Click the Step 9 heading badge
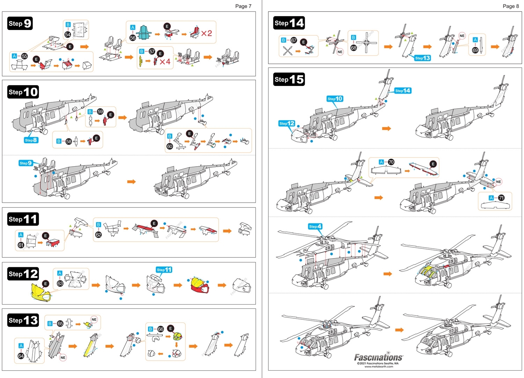point(20,23)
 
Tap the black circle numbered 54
point(68,34)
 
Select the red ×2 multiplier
point(206,33)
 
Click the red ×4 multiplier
point(165,62)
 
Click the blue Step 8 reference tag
point(31,140)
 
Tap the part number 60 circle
point(170,146)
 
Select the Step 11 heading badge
point(23,219)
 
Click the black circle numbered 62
point(99,234)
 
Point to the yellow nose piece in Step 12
point(40,293)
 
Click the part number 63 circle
point(60,283)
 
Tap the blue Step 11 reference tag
point(164,270)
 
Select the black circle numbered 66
point(160,329)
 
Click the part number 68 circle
point(354,48)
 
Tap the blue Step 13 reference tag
point(422,58)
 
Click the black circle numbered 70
point(391,162)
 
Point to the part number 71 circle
point(501,198)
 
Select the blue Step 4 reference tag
point(315,226)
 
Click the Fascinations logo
point(378,357)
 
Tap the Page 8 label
point(511,6)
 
